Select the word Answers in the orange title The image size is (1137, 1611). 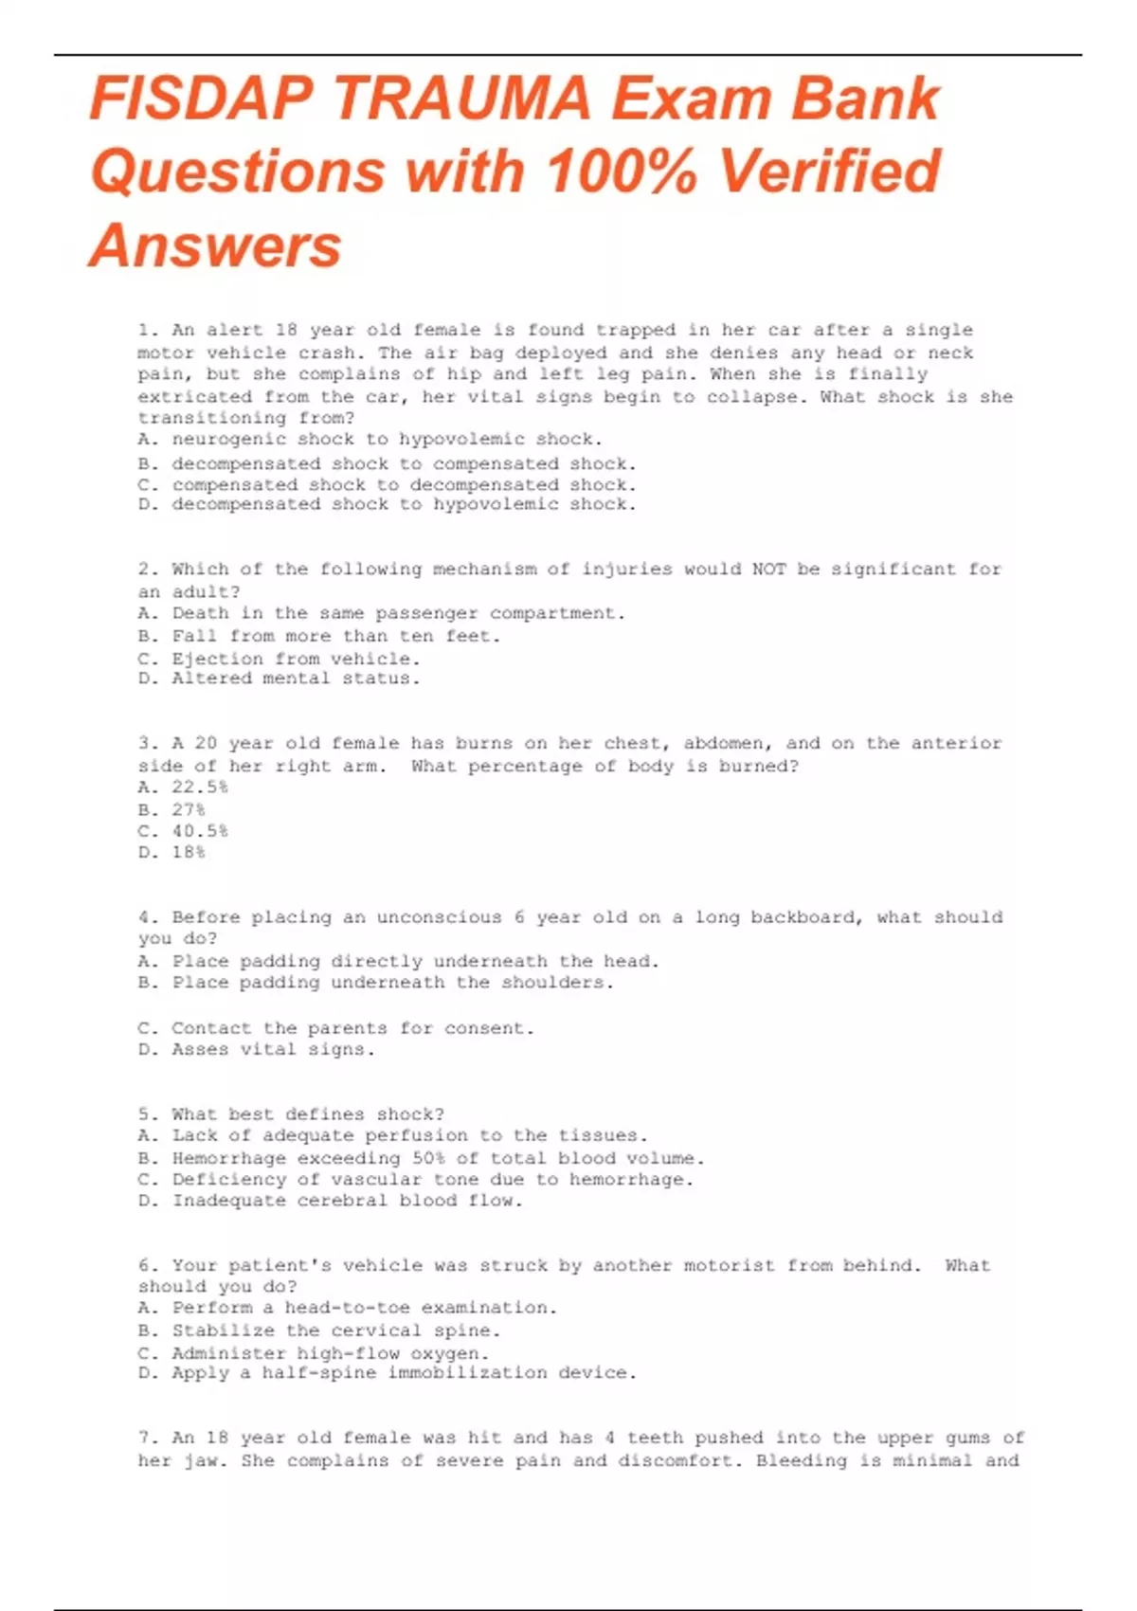215,246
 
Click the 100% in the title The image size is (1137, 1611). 622,172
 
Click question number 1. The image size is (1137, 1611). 148,331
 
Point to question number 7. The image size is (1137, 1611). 148,1438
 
